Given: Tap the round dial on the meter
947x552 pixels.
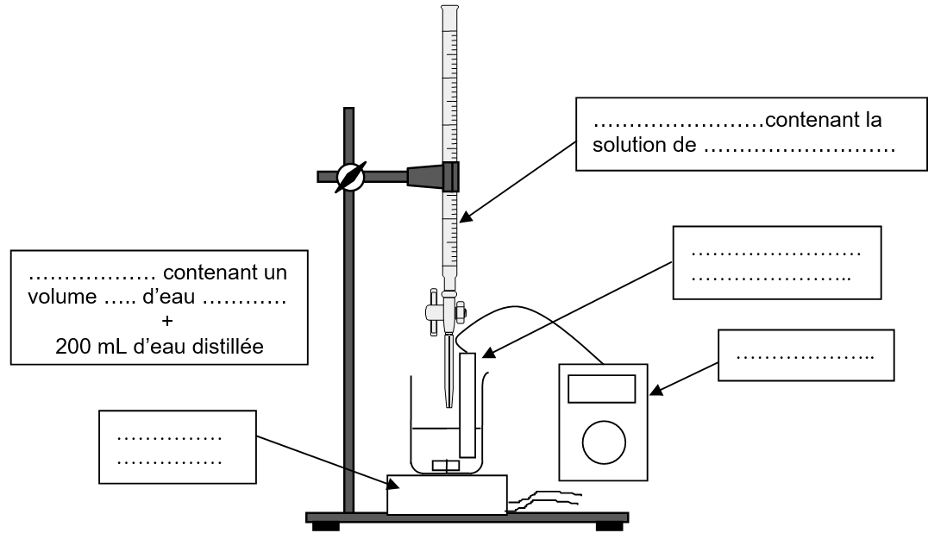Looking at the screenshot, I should [603, 442].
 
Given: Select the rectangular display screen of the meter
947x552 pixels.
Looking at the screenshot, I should [603, 390].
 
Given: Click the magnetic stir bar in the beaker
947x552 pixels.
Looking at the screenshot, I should [445, 466].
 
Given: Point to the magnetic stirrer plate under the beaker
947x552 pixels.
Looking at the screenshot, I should [446, 494].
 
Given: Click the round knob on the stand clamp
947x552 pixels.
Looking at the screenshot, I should [351, 177].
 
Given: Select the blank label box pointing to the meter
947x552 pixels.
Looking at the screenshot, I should [806, 354].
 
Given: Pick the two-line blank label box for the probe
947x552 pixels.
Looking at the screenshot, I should [776, 262].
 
